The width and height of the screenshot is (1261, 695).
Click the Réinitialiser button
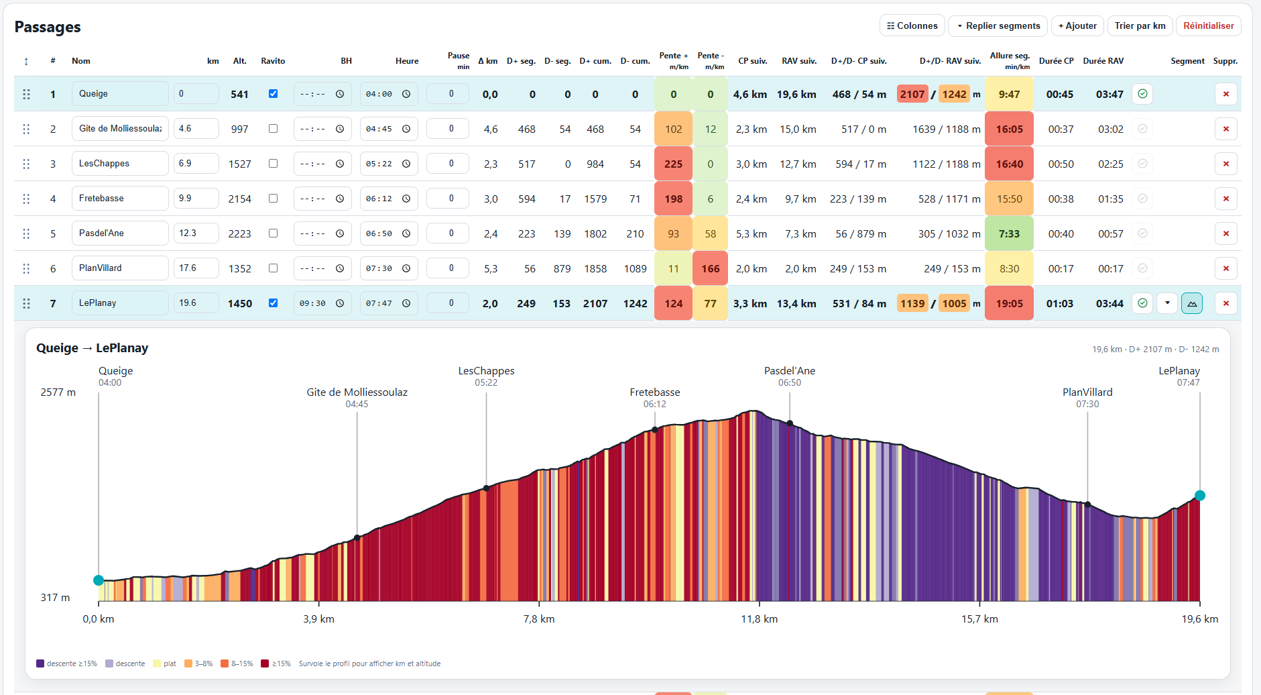1208,25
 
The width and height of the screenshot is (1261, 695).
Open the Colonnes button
912,25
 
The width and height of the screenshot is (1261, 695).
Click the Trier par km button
1140,25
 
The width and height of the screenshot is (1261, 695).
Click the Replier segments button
998,25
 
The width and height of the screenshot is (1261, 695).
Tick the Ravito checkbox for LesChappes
273,163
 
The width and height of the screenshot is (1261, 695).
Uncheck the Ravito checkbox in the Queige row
273,93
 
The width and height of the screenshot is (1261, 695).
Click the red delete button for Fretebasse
1225,199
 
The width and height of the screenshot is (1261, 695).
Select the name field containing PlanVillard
120,268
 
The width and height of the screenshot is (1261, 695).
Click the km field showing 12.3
196,233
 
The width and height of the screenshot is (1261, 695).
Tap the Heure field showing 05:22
389,164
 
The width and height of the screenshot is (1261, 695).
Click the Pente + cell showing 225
673,164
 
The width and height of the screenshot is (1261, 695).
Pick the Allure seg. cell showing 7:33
1009,233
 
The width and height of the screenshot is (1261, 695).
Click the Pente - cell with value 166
711,268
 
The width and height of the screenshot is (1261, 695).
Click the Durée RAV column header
1103,61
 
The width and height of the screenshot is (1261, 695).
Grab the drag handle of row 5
26,233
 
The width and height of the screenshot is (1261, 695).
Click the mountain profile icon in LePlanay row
1192,303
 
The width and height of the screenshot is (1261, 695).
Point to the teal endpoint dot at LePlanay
1200,496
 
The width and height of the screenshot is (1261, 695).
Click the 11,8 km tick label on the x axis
759,619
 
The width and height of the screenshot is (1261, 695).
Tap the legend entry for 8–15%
237,663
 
